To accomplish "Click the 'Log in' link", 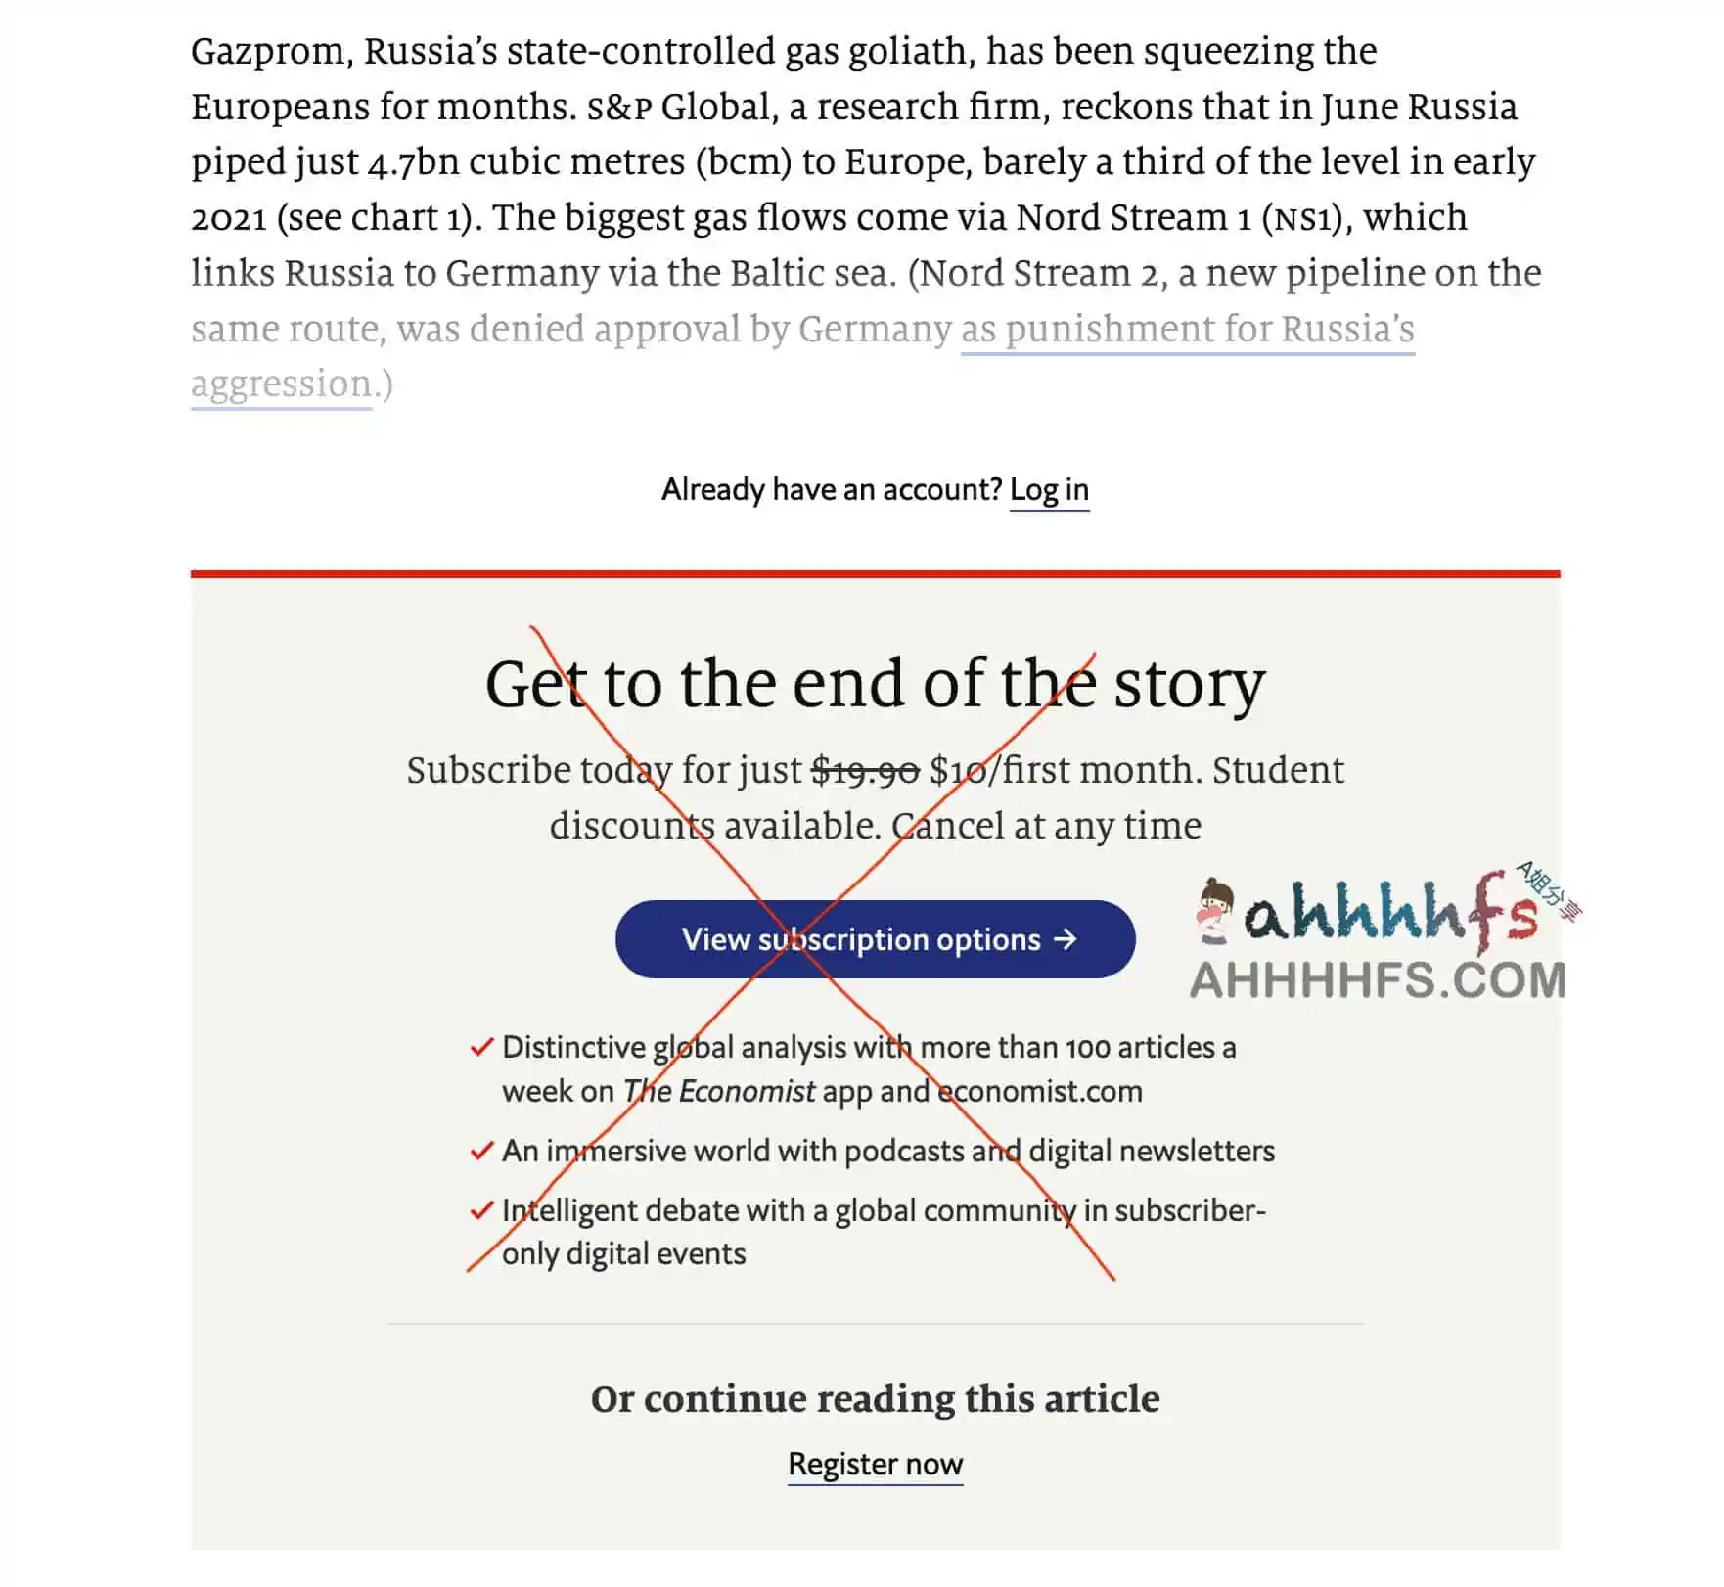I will point(1049,489).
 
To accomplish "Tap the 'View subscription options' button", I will point(875,939).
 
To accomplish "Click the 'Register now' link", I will point(875,1464).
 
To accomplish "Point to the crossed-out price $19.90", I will point(866,771).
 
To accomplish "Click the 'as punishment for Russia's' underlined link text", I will point(1187,330).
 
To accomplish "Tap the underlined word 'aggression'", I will point(282,385).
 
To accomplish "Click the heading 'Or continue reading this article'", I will point(875,1399).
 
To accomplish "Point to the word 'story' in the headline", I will point(1189,685).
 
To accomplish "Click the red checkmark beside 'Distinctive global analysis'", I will point(481,1048).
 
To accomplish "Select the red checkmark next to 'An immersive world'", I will point(481,1151).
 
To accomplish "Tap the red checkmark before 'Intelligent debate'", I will point(481,1210).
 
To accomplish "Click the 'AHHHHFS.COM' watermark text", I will point(1378,980).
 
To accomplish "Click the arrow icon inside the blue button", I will point(1065,939).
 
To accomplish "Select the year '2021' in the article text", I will point(229,218).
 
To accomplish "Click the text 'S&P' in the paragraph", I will point(618,108).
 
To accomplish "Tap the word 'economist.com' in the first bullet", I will point(1040,1091).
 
